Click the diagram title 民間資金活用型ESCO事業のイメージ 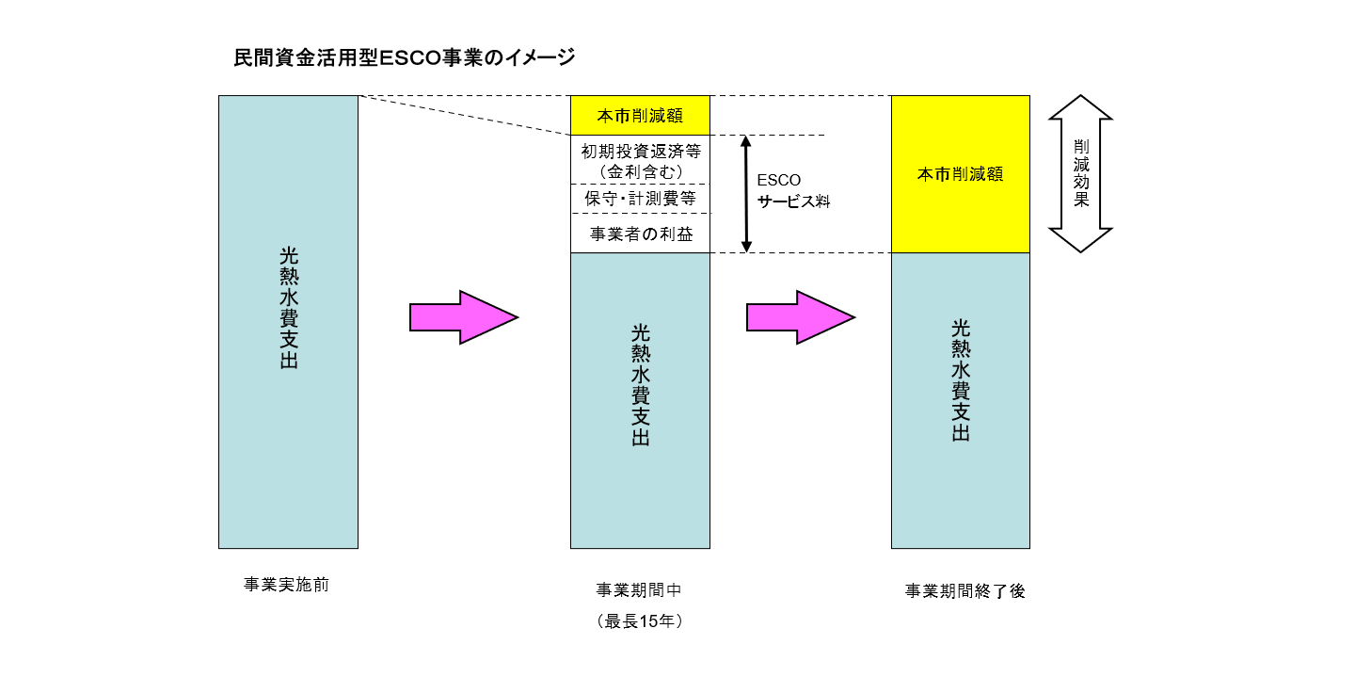(404, 58)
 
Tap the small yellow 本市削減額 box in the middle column (640, 116)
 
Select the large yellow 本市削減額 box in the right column (960, 174)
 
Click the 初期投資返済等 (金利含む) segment (640, 160)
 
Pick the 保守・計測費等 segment (640, 199)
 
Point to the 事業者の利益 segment (640, 234)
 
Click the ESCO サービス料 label (793, 190)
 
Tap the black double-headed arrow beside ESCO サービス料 (746, 194)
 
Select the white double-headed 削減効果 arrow (1080, 173)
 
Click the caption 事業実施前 (287, 585)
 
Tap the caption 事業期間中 (639, 590)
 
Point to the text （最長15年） (639, 621)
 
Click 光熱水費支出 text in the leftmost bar (289, 308)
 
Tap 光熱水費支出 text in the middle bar (640, 385)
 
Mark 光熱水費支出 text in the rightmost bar (960, 380)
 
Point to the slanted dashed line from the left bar (465, 115)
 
